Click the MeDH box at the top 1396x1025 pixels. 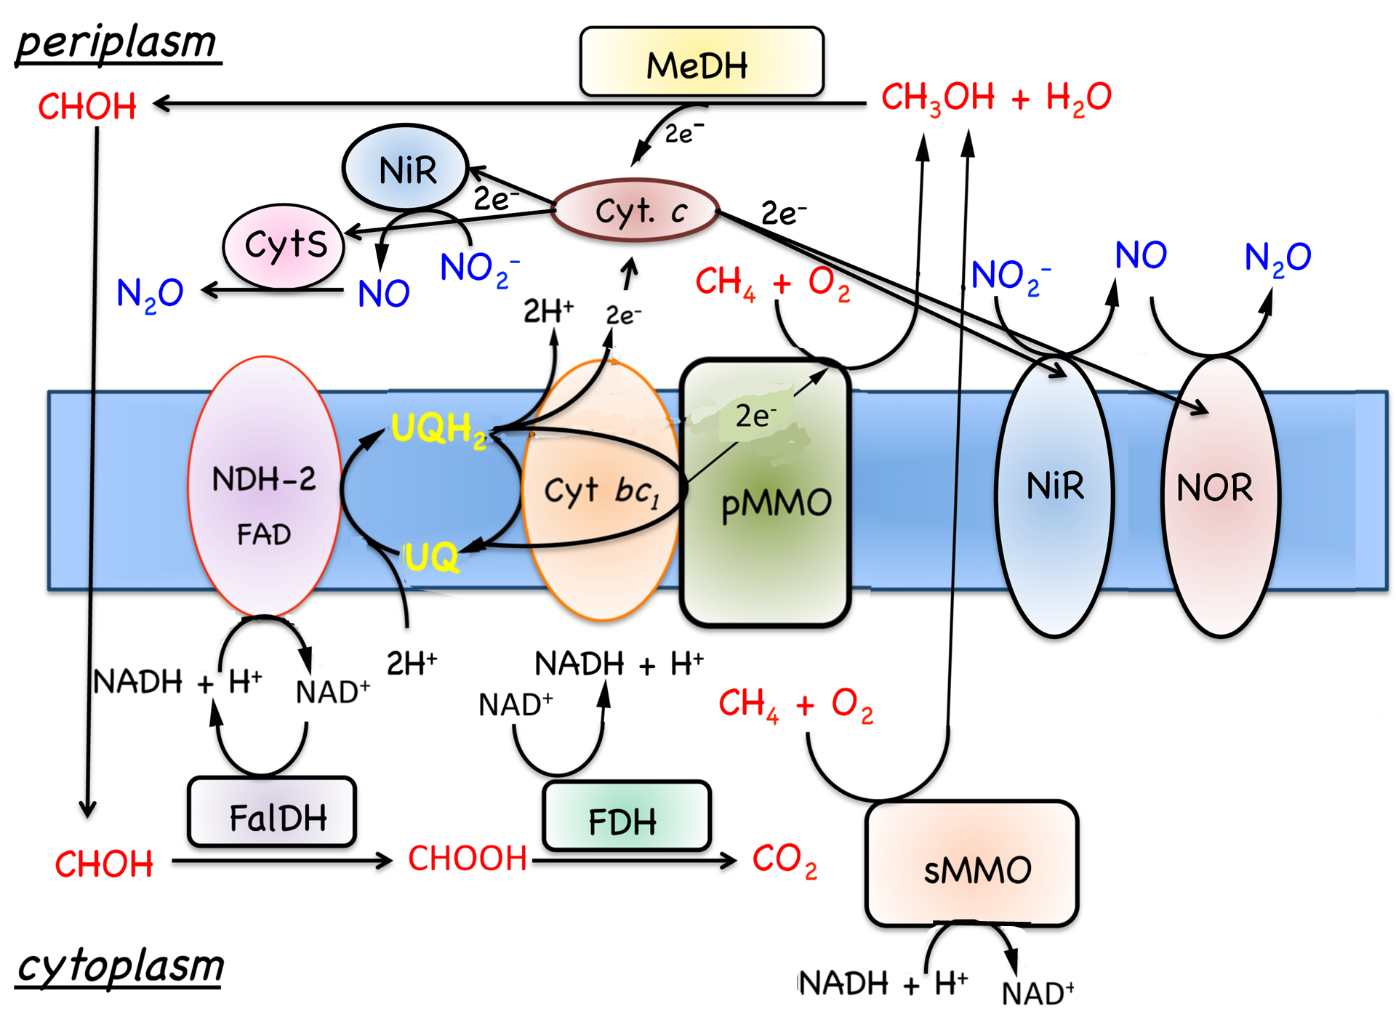[701, 63]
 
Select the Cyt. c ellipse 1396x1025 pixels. [635, 210]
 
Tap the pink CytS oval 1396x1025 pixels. [284, 246]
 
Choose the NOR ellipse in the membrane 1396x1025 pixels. [1219, 496]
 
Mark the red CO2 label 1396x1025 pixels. [784, 860]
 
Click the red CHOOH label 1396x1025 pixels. [467, 859]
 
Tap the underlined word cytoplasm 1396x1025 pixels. [121, 966]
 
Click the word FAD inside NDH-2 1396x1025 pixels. [263, 535]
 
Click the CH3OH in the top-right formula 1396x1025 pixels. [937, 97]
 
